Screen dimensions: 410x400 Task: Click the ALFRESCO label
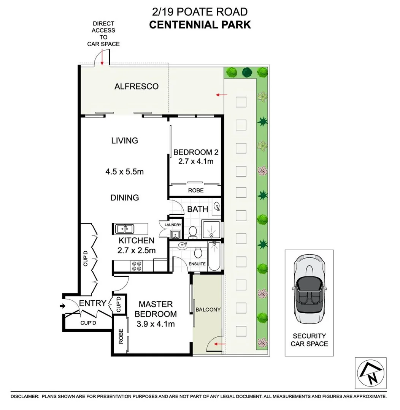[136, 87]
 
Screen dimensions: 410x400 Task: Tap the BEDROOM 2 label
[196, 153]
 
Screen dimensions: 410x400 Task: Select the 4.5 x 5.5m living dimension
[124, 172]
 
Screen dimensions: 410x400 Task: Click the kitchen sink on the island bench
[124, 229]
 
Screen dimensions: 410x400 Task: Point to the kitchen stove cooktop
[137, 266]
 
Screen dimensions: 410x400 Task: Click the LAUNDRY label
[173, 225]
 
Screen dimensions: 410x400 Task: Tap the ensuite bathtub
[214, 256]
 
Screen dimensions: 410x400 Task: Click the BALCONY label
[208, 310]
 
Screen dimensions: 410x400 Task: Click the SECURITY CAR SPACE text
[309, 340]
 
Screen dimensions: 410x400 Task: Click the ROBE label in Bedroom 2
[195, 190]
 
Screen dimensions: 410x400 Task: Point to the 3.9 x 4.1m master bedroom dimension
[155, 324]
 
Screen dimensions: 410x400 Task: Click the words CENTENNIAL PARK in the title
[200, 25]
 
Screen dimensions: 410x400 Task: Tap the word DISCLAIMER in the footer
[25, 396]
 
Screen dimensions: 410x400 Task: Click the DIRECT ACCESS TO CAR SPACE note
[103, 34]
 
